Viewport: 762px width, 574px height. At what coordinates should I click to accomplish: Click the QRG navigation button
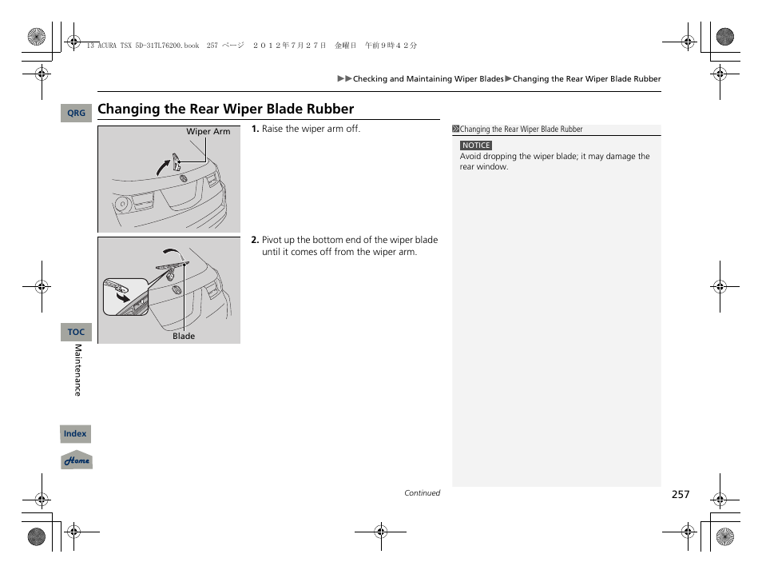76,114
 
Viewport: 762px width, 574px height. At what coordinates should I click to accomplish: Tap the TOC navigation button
76,332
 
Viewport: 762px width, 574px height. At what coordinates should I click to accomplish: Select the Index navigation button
75,434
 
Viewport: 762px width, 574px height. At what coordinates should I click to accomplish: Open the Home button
77,460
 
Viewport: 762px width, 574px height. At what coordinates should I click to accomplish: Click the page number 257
680,495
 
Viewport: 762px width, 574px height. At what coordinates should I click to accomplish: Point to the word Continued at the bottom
422,493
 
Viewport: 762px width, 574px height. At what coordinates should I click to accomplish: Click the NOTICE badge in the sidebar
476,145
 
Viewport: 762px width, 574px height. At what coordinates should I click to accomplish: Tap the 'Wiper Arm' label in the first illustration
208,132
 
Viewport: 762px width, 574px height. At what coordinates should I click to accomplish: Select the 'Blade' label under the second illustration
184,337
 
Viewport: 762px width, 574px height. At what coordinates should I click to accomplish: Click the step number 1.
255,130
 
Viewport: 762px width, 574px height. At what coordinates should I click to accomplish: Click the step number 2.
255,240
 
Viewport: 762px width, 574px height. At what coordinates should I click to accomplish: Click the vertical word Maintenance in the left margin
77,370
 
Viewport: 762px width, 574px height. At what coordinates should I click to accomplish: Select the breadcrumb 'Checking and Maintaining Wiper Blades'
428,79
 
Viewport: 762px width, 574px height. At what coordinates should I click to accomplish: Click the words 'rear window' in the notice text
483,167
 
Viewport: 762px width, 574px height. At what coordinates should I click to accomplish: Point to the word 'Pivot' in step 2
273,240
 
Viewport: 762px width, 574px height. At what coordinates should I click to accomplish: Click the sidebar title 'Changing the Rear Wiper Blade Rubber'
521,130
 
